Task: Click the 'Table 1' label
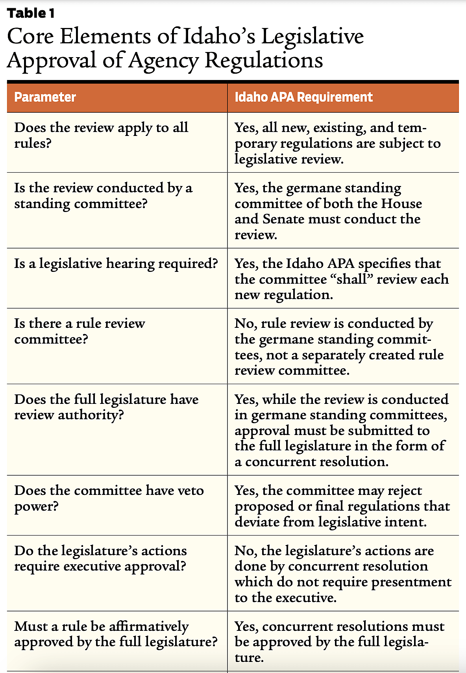pyautogui.click(x=31, y=13)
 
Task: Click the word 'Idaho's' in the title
pyautogui.click(x=219, y=36)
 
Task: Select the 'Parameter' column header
pyautogui.click(x=45, y=97)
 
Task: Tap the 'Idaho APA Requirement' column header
pyautogui.click(x=303, y=97)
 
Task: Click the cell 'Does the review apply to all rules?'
pyautogui.click(x=101, y=135)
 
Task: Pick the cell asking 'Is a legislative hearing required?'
pyautogui.click(x=116, y=263)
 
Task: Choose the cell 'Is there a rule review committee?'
pyautogui.click(x=80, y=331)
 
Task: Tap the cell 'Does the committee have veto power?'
pyautogui.click(x=109, y=498)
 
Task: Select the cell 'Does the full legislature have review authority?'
pyautogui.click(x=106, y=407)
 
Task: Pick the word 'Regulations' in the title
pyautogui.click(x=264, y=61)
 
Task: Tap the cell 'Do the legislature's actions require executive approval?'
pyautogui.click(x=100, y=558)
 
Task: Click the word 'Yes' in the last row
pyautogui.click(x=246, y=627)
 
